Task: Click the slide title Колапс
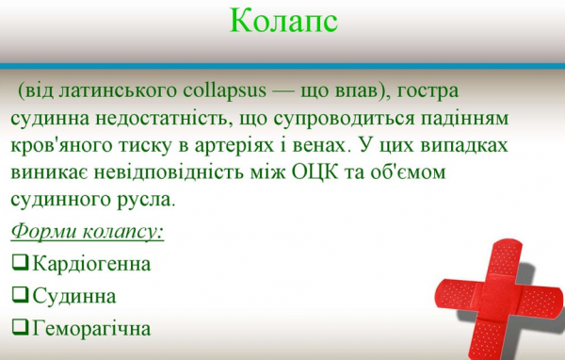[282, 22]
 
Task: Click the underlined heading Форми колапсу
[88, 232]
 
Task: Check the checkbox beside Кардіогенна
[21, 263]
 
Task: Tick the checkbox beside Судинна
[21, 295]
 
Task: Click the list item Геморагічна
[90, 328]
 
